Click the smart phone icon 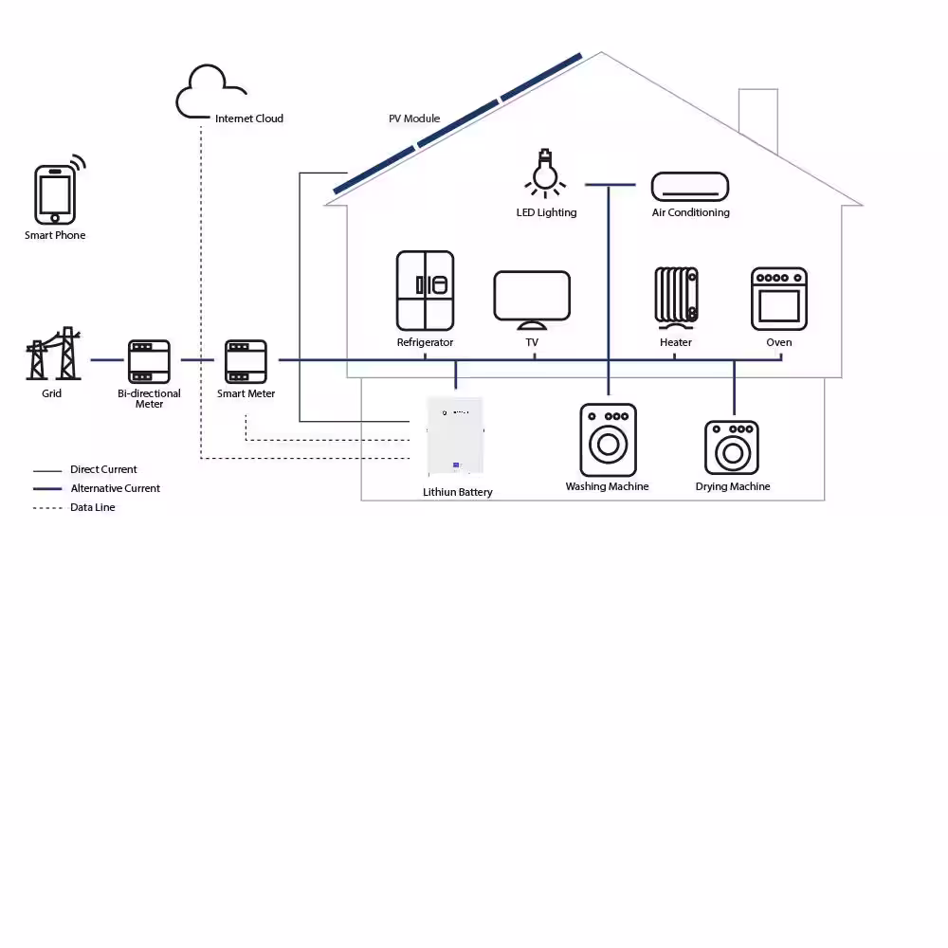point(56,193)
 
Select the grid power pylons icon point(53,354)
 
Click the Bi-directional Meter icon point(149,361)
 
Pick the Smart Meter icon point(246,361)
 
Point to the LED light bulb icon point(545,173)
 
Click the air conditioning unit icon point(690,187)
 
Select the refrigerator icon point(425,291)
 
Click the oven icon point(779,299)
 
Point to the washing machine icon point(609,440)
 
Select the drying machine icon point(732,447)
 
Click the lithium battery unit point(455,436)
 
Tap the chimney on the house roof point(758,118)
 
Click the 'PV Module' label point(414,118)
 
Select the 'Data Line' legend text point(93,507)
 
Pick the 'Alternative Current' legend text point(115,488)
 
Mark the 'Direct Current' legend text point(103,469)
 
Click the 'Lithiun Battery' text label point(458,492)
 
